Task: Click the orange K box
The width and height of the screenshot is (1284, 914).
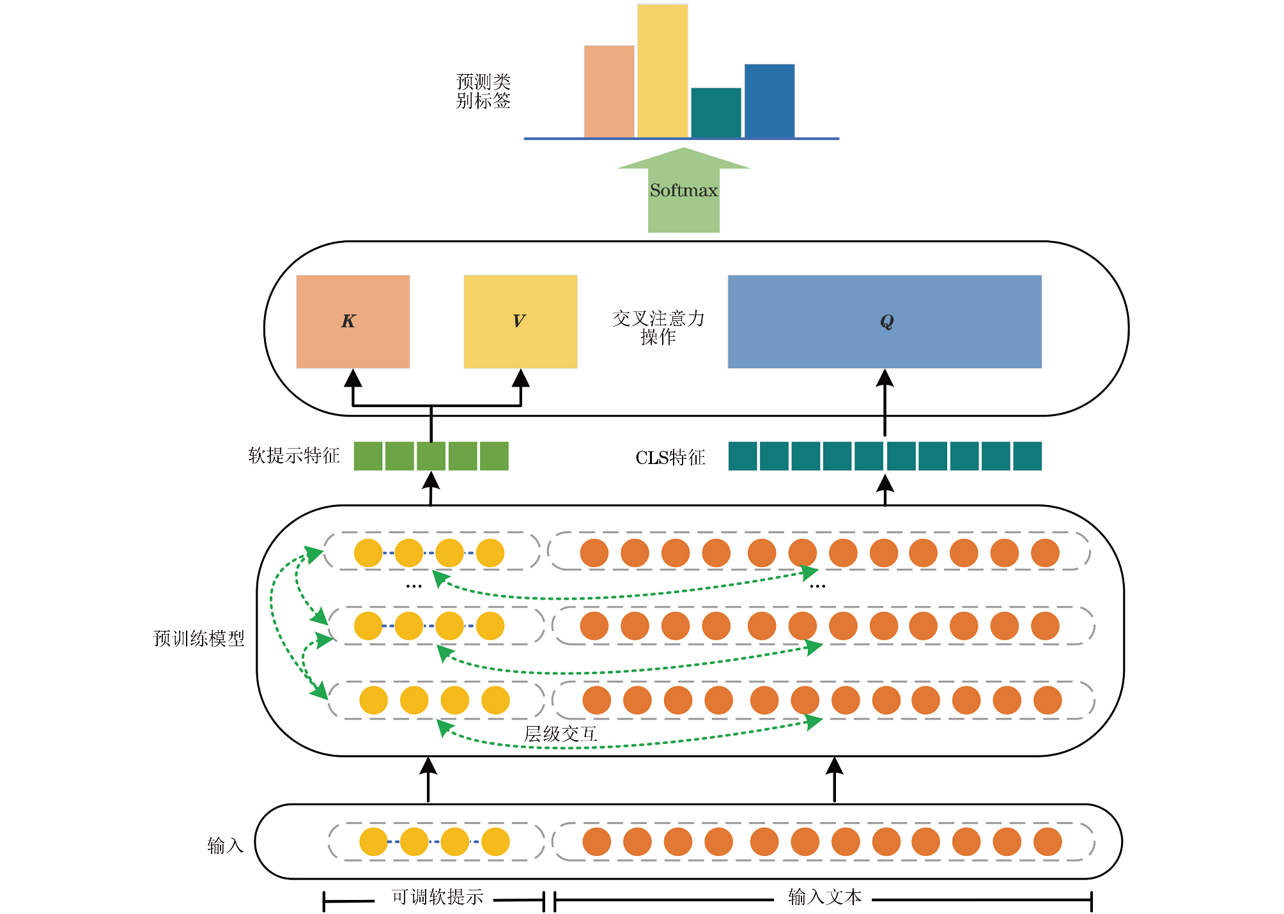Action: (x=353, y=321)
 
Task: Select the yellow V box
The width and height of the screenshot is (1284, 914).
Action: (x=520, y=321)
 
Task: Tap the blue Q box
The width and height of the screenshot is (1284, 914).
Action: (x=885, y=321)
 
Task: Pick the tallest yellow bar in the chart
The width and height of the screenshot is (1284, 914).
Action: (x=663, y=70)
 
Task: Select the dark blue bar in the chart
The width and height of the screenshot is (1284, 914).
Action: (x=770, y=100)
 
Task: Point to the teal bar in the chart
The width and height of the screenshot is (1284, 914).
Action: (x=716, y=112)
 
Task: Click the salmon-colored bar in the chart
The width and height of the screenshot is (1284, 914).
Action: (x=609, y=91)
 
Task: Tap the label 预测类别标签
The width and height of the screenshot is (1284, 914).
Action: (x=483, y=91)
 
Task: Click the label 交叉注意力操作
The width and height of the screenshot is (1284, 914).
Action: (x=658, y=327)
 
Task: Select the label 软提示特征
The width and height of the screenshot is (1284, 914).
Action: (x=294, y=456)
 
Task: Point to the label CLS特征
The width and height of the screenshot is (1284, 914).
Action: (x=670, y=458)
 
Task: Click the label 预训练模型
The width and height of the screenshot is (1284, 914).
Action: (x=199, y=639)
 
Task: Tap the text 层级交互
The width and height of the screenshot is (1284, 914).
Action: (x=561, y=734)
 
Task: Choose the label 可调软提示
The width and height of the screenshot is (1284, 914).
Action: (x=437, y=897)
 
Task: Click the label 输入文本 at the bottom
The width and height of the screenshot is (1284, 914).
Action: (x=824, y=897)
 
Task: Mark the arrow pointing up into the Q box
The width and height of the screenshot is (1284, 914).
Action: (x=885, y=403)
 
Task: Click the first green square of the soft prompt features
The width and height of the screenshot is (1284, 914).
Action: (x=368, y=456)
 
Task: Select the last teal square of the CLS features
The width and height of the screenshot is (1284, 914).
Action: (x=1027, y=456)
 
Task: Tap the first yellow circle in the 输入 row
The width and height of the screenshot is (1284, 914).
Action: (x=373, y=842)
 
